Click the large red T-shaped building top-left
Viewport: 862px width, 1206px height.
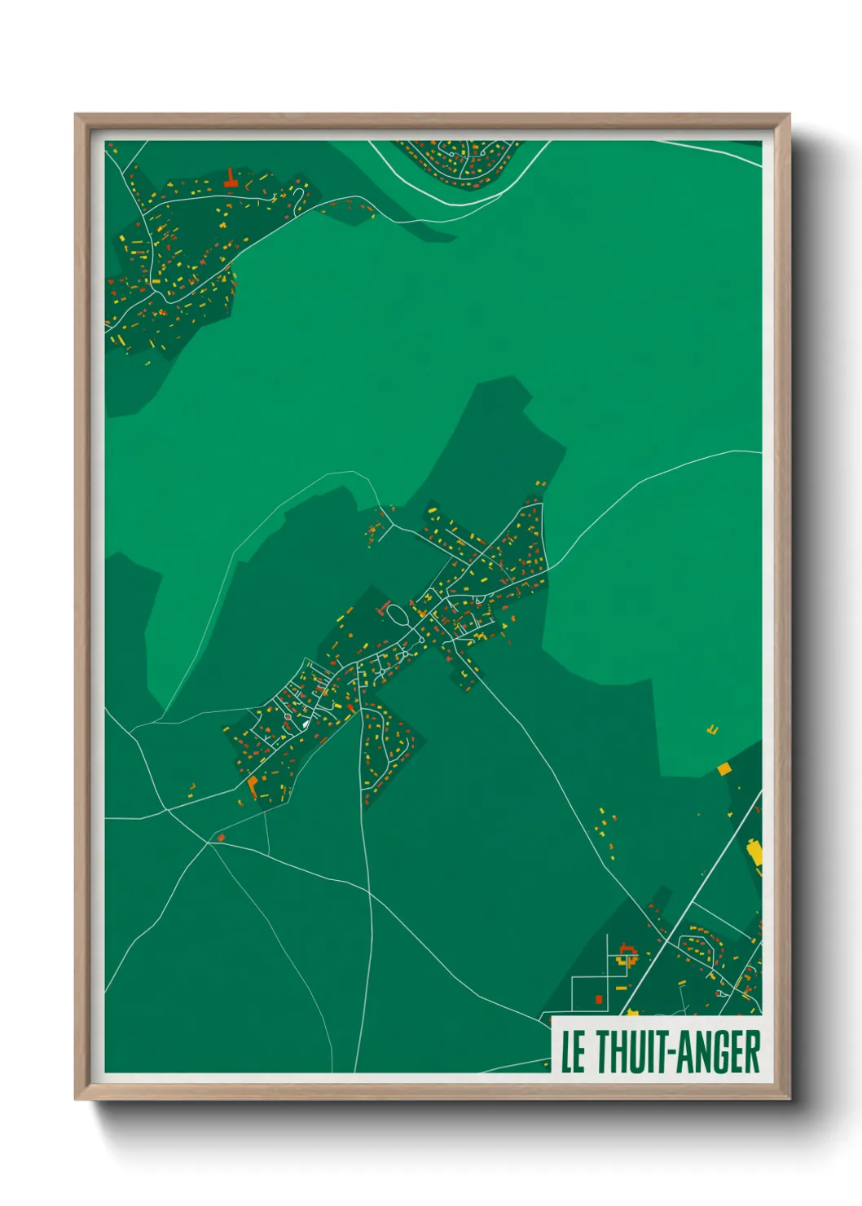point(231,179)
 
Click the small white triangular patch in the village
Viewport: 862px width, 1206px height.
point(306,722)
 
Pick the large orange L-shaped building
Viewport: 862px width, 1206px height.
point(253,785)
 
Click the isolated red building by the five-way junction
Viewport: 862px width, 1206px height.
point(220,837)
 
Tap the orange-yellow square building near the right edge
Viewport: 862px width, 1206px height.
point(723,768)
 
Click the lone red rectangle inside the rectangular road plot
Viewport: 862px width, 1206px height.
point(599,998)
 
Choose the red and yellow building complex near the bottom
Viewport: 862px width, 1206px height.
point(626,953)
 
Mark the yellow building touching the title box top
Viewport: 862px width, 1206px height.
point(632,1013)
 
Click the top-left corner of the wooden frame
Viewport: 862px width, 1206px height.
point(77,116)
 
